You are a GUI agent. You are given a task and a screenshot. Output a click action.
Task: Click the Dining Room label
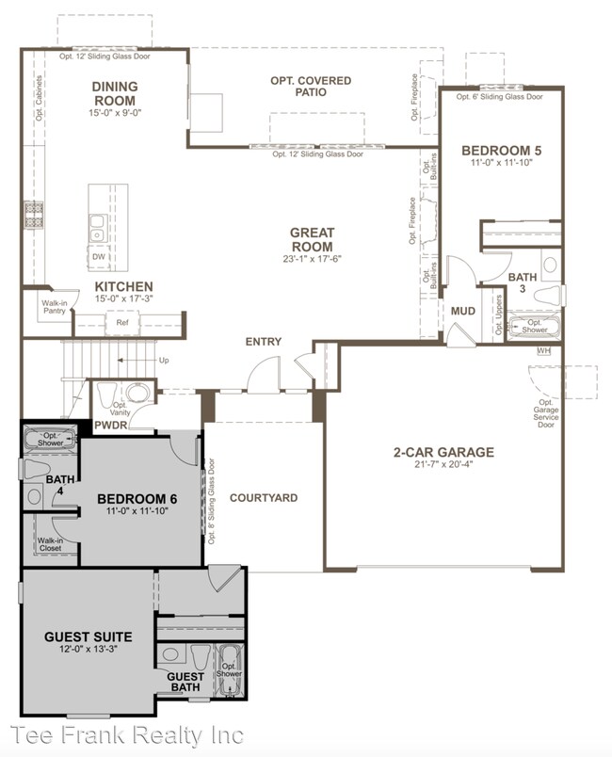115,93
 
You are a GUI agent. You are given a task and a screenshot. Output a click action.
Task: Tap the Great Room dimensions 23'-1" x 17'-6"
312,259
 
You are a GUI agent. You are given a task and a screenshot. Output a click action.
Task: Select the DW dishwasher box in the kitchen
99,257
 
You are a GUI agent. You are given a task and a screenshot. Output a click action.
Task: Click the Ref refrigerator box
122,323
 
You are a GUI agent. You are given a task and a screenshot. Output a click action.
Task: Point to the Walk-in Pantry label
54,307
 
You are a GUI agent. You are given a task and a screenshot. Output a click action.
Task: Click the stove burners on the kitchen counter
34,215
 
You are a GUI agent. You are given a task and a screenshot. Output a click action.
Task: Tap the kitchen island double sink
98,229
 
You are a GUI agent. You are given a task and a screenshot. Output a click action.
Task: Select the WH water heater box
543,350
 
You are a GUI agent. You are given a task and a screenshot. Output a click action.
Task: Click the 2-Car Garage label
443,452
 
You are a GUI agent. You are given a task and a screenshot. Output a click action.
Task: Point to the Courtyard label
264,498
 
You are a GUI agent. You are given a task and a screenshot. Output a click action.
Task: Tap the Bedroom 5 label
502,151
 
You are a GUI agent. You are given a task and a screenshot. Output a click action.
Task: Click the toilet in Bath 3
547,294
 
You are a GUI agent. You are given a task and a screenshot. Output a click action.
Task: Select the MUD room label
463,312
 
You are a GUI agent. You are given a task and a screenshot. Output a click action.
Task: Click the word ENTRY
264,342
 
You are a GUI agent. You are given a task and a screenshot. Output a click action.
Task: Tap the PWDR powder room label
111,426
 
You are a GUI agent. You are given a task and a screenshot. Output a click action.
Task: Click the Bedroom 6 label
137,499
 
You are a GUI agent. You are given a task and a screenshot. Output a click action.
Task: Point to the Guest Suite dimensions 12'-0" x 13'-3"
89,650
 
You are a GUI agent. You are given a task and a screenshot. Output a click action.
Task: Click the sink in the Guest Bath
170,654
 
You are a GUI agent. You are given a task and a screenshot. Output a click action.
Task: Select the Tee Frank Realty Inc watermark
127,735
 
